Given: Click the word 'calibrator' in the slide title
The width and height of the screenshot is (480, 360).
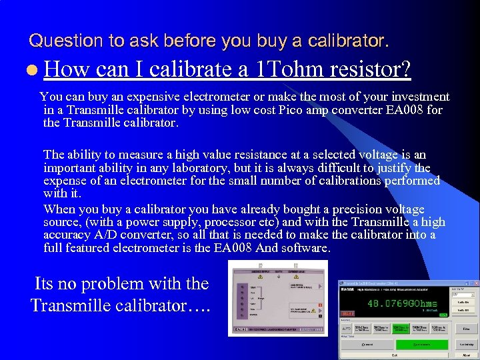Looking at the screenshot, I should (351, 41).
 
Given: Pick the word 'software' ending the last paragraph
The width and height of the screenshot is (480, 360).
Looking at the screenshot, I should (303, 248).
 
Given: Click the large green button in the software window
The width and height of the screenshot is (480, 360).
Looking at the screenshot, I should (421, 344).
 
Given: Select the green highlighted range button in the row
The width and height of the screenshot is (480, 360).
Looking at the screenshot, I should (401, 328).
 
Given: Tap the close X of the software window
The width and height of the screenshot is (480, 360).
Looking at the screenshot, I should (475, 283).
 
